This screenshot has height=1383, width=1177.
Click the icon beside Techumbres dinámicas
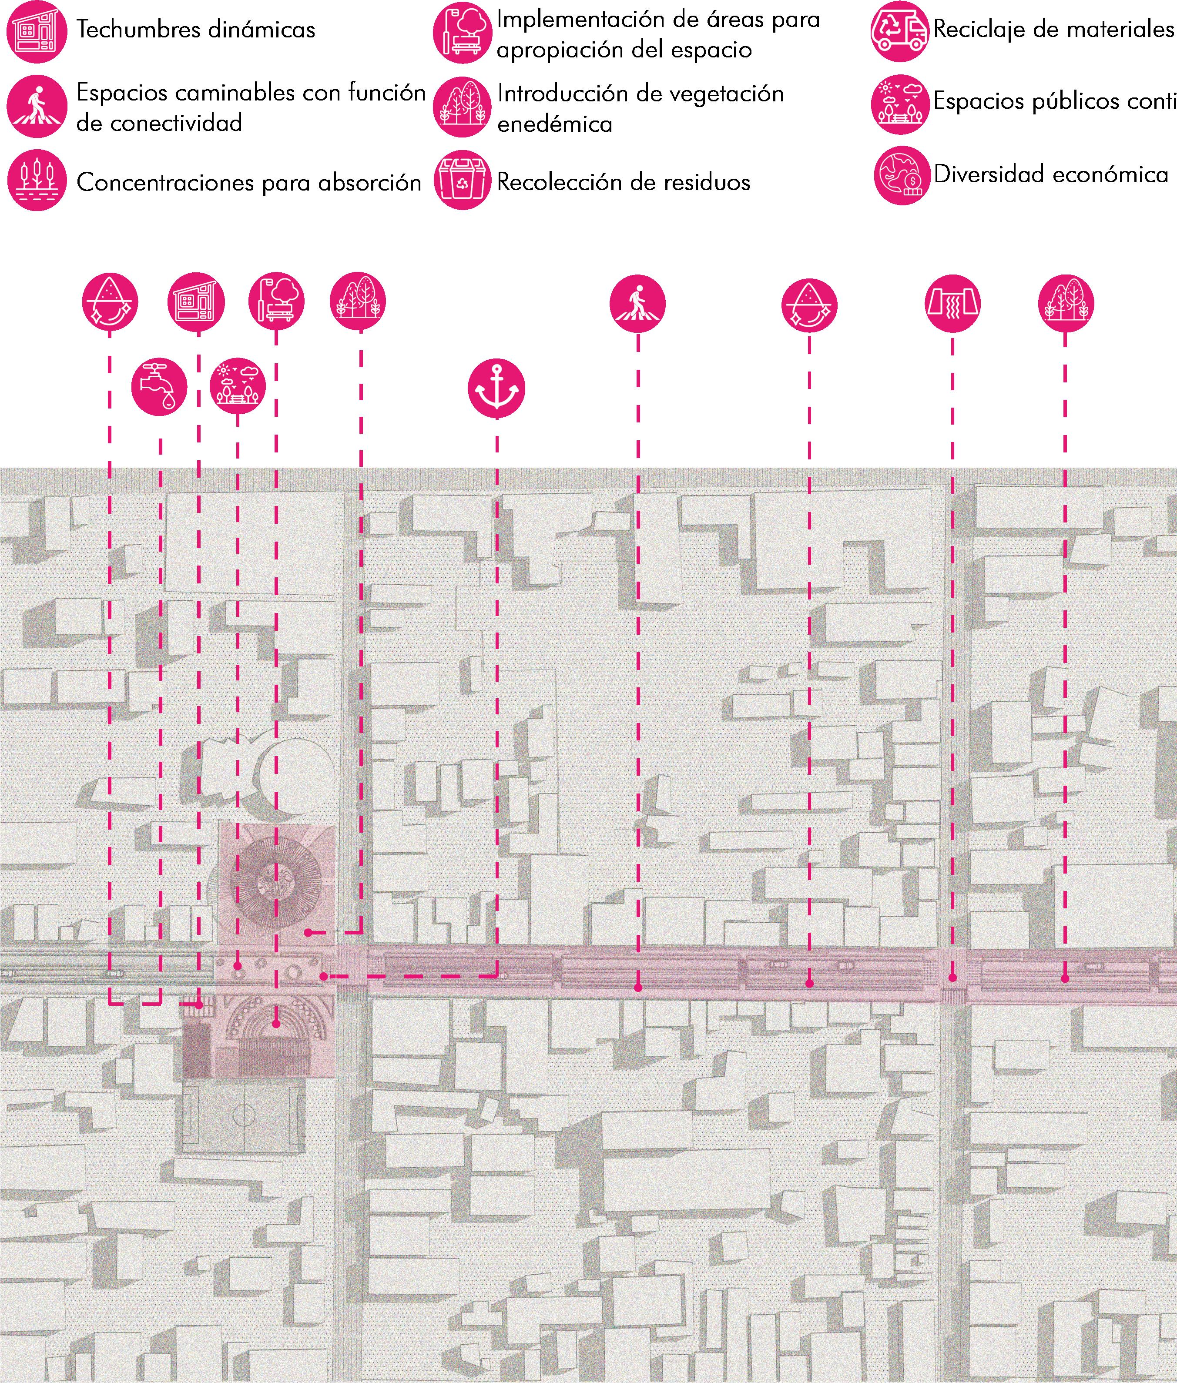point(37,31)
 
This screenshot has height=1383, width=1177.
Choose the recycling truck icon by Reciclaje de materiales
point(899,31)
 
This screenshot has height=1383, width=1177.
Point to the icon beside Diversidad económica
point(902,175)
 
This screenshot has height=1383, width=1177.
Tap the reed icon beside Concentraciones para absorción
point(37,180)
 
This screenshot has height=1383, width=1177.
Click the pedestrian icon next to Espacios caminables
point(37,106)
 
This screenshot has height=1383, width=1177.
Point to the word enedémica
point(554,124)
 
